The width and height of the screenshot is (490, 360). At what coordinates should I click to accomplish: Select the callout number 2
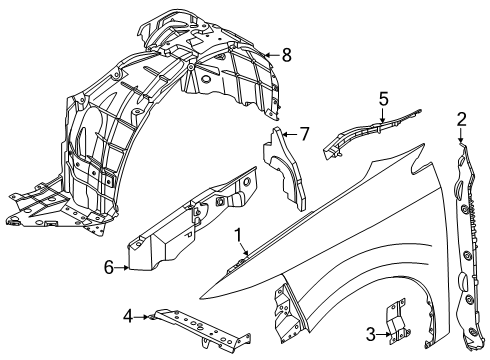[461, 120]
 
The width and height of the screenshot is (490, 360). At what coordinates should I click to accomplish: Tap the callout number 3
[371, 334]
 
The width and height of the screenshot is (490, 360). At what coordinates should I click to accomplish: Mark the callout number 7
[305, 132]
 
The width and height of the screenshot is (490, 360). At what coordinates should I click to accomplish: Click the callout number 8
[286, 55]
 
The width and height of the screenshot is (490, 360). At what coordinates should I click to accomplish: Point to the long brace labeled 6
[190, 220]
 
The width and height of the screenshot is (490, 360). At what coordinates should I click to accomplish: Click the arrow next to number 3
[383, 334]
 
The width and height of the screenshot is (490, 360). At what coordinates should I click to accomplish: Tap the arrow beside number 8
[272, 55]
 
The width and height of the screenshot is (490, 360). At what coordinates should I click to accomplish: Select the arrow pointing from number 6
[122, 267]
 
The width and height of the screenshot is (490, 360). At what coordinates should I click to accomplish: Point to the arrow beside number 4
[143, 318]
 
